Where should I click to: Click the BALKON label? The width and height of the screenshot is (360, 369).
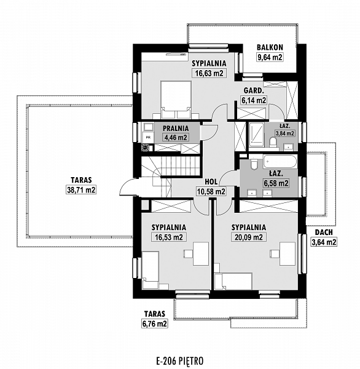270,47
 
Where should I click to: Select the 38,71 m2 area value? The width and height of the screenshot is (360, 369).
81,190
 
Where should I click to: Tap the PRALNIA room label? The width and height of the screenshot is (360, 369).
176,129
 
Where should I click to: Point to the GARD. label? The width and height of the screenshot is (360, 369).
253,90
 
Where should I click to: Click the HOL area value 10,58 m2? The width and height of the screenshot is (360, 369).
211,192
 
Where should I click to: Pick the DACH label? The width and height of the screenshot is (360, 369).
324,232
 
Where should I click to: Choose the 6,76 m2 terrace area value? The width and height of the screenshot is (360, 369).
154,324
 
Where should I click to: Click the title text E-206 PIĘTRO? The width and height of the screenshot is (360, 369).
179,360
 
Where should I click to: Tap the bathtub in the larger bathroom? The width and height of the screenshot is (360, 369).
280,161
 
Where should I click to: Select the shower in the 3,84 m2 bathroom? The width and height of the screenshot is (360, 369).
257,134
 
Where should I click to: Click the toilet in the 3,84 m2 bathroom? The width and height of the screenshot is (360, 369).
273,143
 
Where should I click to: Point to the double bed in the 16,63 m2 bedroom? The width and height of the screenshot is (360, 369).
176,100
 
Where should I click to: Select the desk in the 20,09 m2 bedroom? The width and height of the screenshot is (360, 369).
288,253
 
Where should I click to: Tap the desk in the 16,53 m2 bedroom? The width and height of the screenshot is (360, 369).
201,253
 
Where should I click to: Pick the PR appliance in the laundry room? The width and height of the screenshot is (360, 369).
148,137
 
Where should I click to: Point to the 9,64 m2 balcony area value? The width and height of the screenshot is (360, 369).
270,57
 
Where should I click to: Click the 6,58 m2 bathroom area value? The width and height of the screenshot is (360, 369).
276,183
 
